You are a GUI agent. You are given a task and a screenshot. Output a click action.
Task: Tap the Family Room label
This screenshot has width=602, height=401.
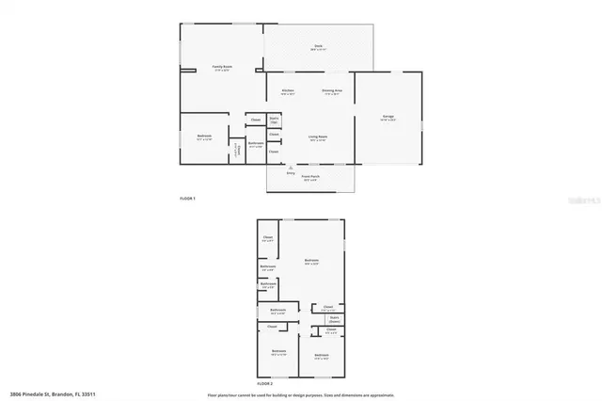[222, 68]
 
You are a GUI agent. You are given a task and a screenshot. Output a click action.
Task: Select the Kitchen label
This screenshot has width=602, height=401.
[288, 91]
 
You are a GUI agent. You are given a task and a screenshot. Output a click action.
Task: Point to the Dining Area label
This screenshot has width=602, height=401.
[332, 91]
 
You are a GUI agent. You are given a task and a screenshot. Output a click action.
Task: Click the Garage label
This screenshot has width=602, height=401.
[388, 118]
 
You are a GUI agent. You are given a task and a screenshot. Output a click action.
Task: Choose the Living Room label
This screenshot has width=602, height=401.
[317, 137]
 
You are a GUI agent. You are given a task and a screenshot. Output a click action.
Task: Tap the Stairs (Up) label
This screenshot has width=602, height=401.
[275, 120]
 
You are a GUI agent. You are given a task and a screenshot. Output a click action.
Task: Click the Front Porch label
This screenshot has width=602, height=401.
[310, 178]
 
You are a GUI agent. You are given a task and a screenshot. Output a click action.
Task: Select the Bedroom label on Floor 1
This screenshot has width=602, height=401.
[204, 137]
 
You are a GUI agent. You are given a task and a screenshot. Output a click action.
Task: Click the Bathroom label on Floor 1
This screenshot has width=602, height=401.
[256, 143]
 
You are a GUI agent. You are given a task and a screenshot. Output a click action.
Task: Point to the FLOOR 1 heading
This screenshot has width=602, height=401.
[187, 199]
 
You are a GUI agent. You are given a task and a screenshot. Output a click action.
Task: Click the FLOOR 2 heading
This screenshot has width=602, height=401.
[266, 385]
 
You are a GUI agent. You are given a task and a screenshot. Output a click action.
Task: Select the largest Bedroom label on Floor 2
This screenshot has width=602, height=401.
[311, 262]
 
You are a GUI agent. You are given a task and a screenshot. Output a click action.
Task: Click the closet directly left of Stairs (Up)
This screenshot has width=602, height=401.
[256, 120]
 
